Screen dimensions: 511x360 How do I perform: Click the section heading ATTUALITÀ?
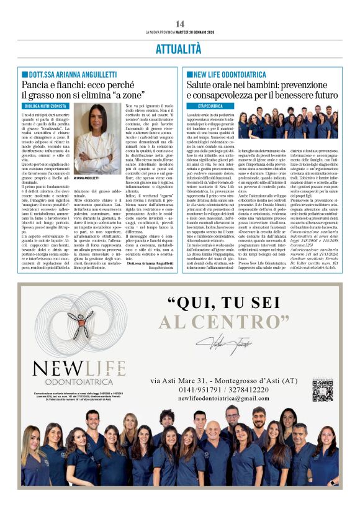(180, 48)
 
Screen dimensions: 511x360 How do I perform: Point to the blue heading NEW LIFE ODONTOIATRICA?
(233, 74)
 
